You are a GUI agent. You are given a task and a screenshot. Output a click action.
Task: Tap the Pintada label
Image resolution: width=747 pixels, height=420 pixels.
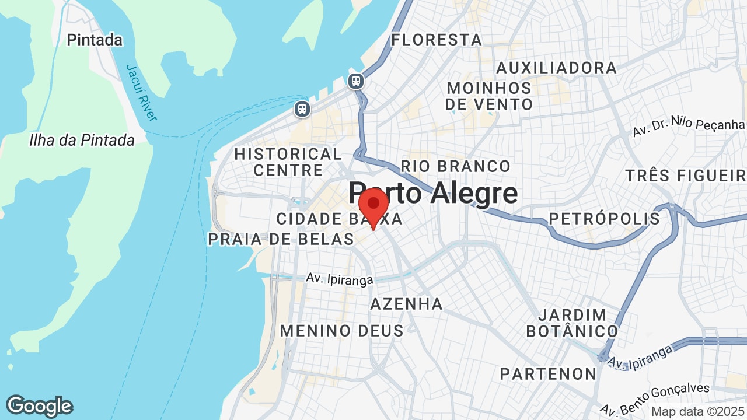coord(95,40)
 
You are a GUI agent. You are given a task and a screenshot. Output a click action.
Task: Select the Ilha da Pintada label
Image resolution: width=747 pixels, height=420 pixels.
coord(82,141)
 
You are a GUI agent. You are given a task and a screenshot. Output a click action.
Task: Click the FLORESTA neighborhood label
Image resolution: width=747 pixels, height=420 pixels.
coord(437,40)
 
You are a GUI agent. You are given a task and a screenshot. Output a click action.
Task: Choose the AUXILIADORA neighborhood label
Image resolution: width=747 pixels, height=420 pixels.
coord(556,68)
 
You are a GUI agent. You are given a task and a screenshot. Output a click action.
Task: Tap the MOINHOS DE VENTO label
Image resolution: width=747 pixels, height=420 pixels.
coord(489,96)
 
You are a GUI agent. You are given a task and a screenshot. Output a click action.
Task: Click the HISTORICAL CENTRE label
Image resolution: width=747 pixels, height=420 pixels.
coord(288,162)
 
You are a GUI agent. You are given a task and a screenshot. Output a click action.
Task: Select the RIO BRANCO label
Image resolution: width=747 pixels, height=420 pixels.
coord(455,167)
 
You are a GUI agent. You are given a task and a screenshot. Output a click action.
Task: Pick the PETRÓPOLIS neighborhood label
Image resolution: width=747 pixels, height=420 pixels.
coord(604,219)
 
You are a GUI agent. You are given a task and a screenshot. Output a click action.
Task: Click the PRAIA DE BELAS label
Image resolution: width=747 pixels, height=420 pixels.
coord(281,239)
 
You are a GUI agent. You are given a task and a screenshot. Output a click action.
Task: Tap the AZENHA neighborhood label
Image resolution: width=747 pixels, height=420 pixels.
coord(407,304)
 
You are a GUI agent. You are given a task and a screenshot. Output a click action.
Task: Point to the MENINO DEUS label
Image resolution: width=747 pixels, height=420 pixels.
coord(341,331)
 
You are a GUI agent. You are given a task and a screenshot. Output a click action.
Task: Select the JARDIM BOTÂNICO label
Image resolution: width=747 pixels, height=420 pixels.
coord(572,323)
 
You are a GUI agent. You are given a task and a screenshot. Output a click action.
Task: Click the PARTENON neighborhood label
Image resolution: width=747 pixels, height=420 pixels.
coord(548,374)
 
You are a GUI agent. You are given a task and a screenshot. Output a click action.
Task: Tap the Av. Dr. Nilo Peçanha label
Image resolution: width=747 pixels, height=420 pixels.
coord(689,127)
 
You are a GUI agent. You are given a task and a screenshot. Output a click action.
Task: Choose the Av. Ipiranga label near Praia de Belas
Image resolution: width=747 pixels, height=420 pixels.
coord(340,279)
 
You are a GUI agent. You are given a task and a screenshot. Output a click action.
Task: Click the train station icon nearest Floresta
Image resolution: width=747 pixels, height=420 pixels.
coord(356,81)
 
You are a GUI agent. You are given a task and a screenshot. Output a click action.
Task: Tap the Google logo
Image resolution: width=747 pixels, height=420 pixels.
coord(39,406)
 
